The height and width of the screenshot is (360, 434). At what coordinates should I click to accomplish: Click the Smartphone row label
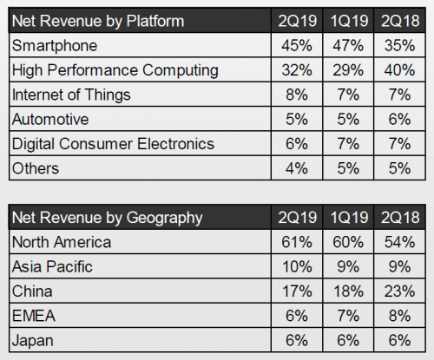(55, 46)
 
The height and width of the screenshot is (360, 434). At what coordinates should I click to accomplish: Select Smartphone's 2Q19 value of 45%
(297, 45)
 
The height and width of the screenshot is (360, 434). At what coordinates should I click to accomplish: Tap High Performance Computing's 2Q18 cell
(399, 70)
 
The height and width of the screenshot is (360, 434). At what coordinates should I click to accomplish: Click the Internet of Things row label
(71, 95)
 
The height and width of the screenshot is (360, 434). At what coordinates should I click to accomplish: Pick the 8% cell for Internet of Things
(297, 95)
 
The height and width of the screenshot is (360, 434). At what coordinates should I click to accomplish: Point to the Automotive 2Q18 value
(399, 119)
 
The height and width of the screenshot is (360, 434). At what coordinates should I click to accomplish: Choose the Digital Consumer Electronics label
(113, 144)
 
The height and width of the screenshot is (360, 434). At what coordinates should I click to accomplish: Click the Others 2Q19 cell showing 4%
(297, 168)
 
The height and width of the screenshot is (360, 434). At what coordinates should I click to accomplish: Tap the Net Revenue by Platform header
(98, 22)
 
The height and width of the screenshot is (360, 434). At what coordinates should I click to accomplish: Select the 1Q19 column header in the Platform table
(349, 21)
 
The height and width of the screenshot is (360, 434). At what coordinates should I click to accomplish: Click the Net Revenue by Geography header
(107, 218)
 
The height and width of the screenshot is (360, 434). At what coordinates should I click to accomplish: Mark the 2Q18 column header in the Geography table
(400, 218)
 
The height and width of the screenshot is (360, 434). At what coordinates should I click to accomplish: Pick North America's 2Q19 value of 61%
(297, 242)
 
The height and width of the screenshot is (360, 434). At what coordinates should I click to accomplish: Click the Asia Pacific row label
(52, 266)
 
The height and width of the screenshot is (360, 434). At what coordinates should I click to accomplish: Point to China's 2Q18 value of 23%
(399, 291)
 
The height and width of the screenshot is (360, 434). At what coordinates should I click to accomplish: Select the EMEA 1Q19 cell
(348, 316)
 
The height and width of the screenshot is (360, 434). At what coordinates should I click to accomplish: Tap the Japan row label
(33, 341)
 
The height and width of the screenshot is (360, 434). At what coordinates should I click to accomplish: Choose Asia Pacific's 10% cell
(297, 266)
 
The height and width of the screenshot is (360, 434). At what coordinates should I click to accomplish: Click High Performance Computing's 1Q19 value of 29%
(348, 70)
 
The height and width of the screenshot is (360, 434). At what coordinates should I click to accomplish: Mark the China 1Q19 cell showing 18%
(348, 291)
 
